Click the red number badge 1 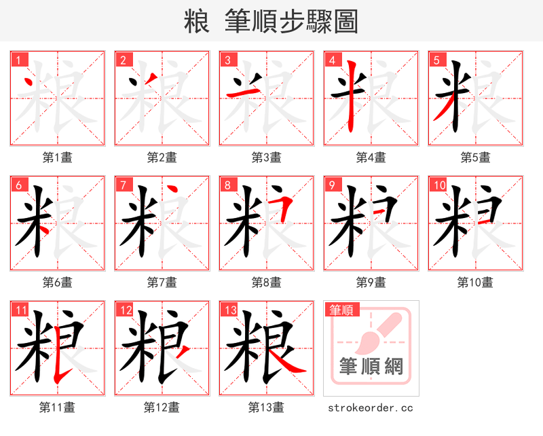[18, 60]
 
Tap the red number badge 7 [123, 185]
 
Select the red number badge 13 [229, 311]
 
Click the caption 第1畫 [58, 158]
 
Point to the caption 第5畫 [475, 158]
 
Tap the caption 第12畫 [162, 407]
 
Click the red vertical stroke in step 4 [351, 95]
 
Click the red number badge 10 [438, 185]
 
